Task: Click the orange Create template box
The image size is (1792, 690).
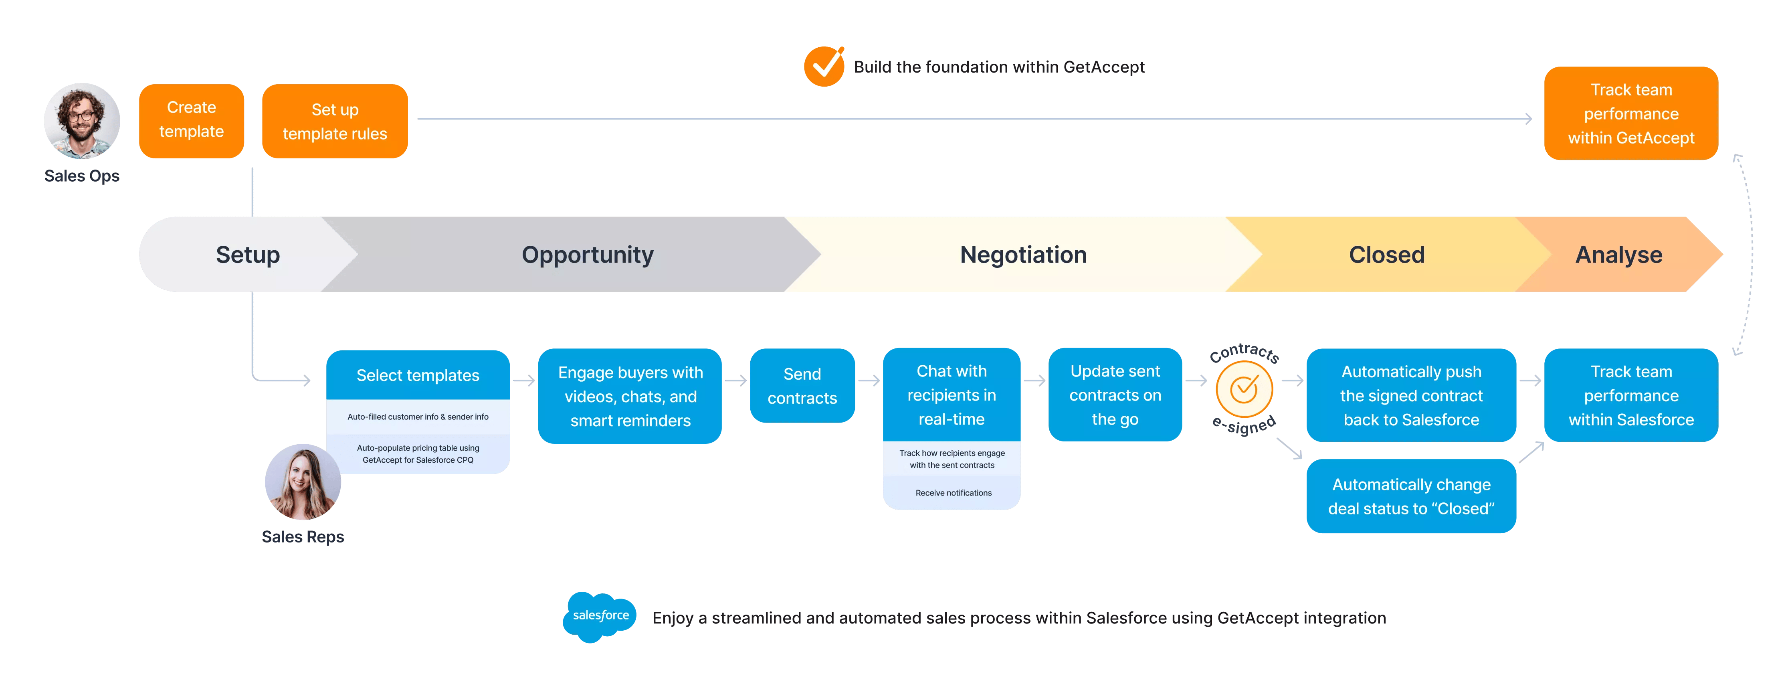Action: pyautogui.click(x=191, y=120)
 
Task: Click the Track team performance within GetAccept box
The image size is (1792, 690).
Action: pyautogui.click(x=1630, y=113)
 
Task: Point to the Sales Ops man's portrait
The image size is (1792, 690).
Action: pyautogui.click(x=82, y=121)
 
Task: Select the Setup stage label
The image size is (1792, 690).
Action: pyautogui.click(x=248, y=255)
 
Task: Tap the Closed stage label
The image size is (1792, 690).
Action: pyautogui.click(x=1386, y=255)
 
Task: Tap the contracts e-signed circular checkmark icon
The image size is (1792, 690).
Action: pyautogui.click(x=1244, y=390)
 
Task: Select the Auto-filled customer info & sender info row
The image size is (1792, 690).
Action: pyautogui.click(x=418, y=417)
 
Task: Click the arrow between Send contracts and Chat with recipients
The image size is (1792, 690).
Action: pyautogui.click(x=869, y=380)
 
